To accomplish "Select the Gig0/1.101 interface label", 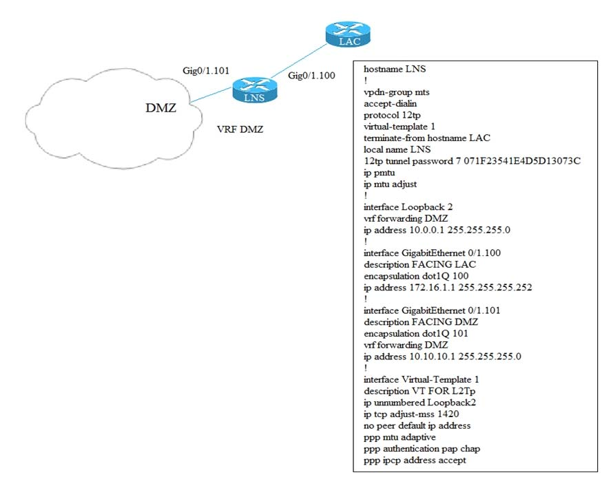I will pos(205,70).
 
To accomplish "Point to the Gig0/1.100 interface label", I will pos(311,76).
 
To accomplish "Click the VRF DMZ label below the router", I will pos(240,129).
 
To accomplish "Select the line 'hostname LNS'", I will pos(395,70).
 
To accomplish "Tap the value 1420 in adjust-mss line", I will pos(448,414).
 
